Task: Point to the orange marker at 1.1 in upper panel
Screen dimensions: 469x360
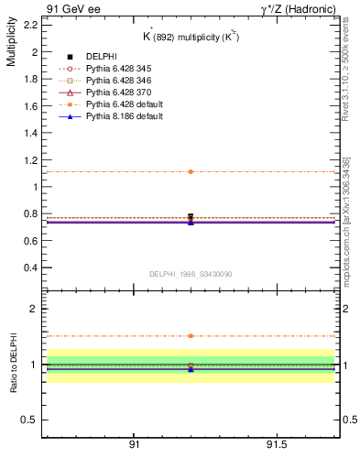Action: [191, 171]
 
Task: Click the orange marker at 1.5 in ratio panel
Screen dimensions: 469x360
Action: [191, 336]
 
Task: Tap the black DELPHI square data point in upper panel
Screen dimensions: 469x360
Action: [191, 217]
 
